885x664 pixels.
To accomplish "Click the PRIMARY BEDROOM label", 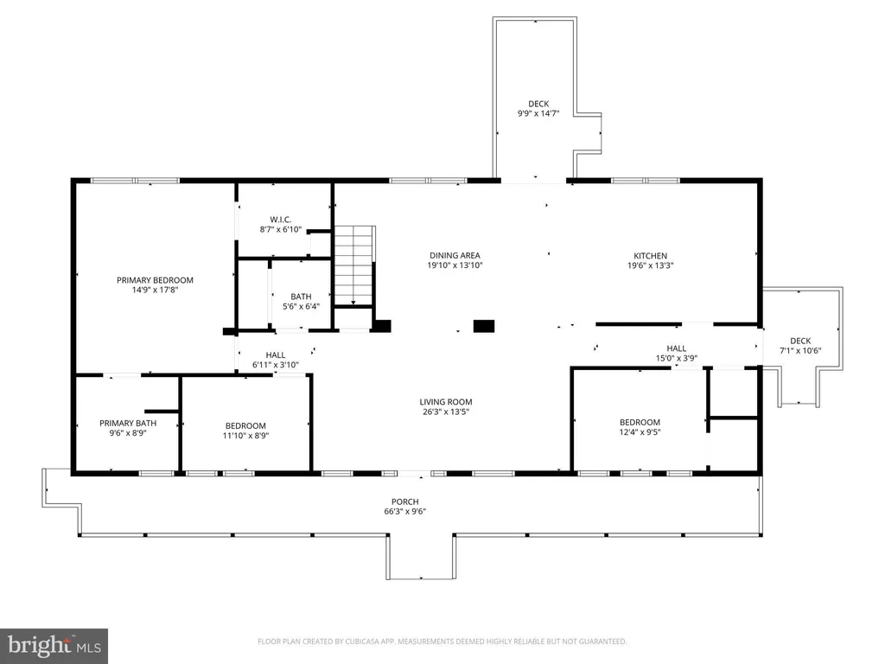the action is click(x=155, y=280).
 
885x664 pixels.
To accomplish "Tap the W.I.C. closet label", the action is click(x=281, y=220).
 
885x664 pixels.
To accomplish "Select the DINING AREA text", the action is click(x=455, y=255).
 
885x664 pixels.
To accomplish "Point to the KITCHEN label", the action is click(x=650, y=256).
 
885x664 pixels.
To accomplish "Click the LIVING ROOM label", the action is click(x=446, y=402).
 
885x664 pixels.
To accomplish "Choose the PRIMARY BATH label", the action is click(x=128, y=423).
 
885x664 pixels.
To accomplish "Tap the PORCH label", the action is click(x=405, y=501).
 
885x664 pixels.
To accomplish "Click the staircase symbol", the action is click(x=354, y=265).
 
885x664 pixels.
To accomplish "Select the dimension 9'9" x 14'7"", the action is click(x=538, y=113).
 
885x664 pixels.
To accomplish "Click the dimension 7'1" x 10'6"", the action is click(x=800, y=351).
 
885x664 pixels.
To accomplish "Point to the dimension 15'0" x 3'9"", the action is click(x=677, y=358).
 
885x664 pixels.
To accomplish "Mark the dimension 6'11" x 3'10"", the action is click(x=276, y=365).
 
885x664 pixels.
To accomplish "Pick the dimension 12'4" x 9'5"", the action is click(x=640, y=432).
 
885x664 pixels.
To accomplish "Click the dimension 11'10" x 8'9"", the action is click(x=245, y=436).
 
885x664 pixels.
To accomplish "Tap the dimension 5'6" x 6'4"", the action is click(x=301, y=306).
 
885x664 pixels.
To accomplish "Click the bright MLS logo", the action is click(x=54, y=646).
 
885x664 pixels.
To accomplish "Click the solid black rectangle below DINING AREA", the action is click(x=484, y=326).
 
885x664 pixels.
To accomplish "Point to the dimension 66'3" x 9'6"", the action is click(x=405, y=512).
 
